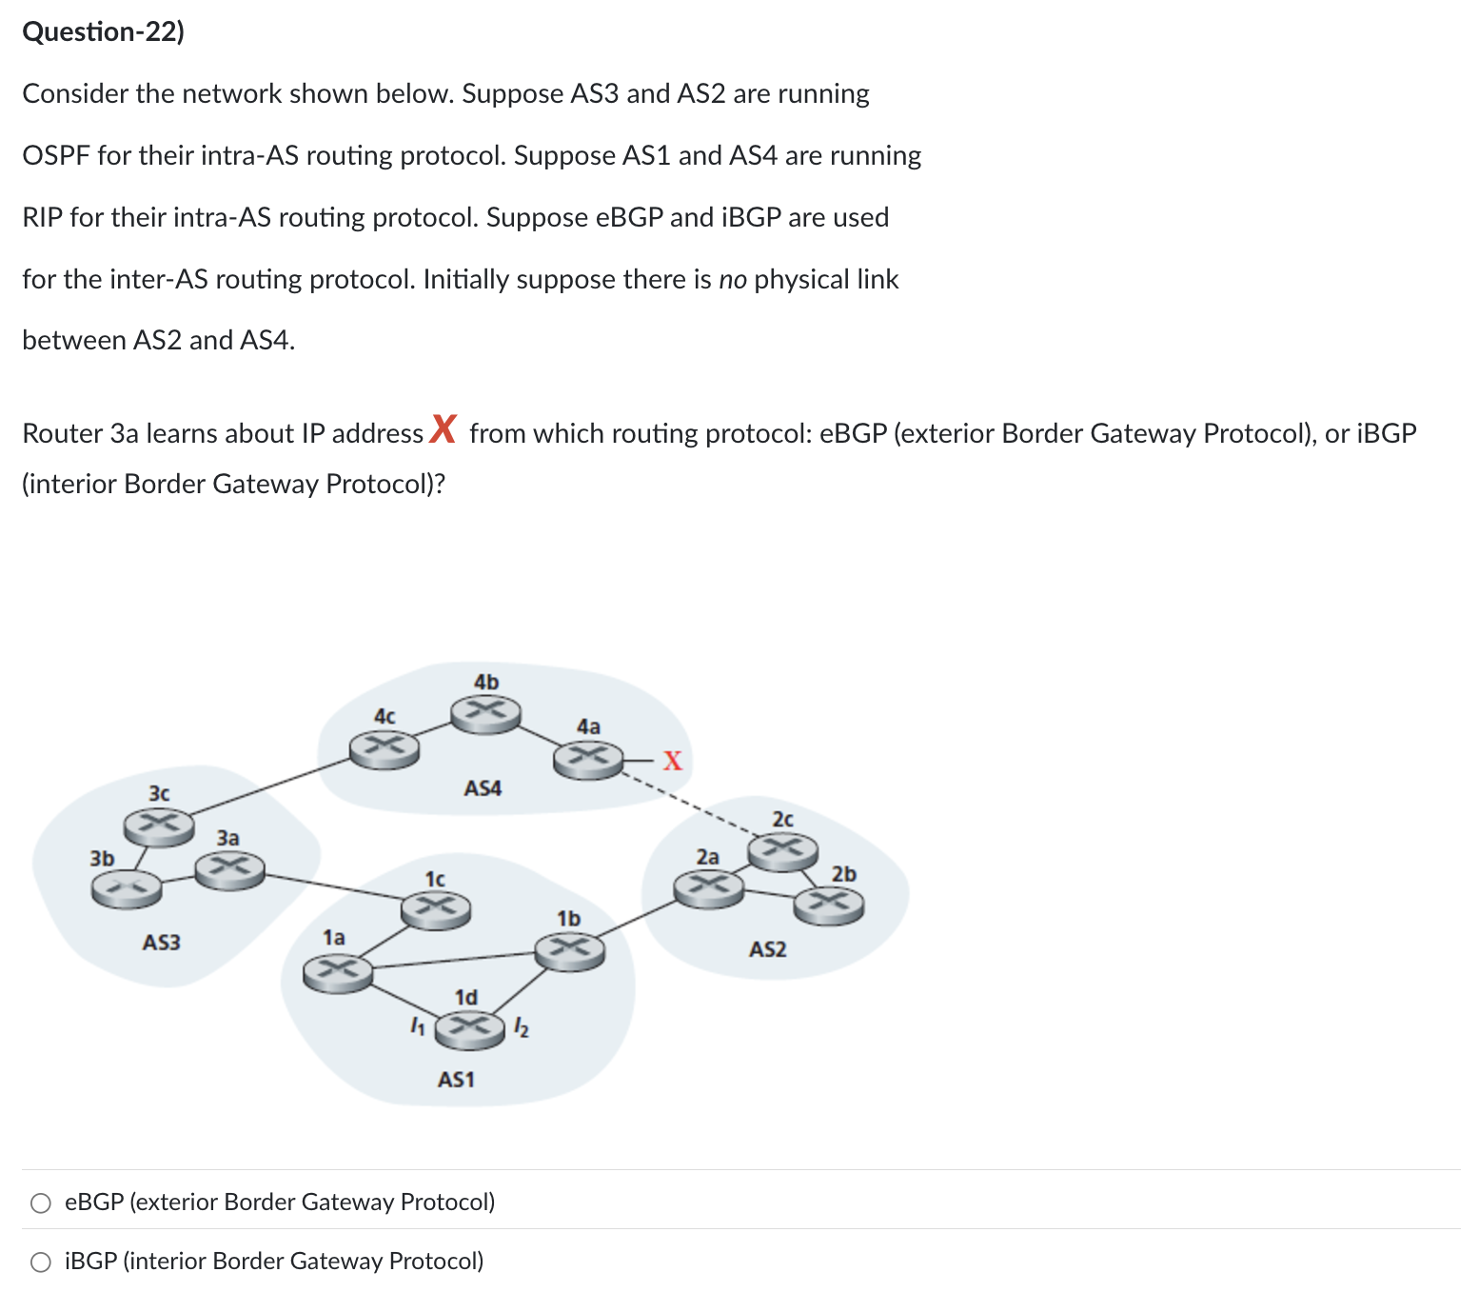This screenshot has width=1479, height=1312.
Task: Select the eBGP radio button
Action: coord(41,1203)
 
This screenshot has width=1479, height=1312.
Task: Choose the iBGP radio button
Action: coord(41,1262)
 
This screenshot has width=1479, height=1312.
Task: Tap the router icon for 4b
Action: coord(485,713)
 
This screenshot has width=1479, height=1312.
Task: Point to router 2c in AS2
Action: coord(782,850)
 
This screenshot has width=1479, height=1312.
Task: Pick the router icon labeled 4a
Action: coord(588,759)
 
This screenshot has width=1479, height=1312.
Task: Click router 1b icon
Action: coord(569,950)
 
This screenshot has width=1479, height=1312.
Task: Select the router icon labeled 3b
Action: coord(126,889)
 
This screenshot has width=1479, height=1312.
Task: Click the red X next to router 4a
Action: coord(673,761)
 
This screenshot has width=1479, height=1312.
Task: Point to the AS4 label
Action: coord(483,788)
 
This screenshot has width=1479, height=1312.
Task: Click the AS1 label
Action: coord(456,1080)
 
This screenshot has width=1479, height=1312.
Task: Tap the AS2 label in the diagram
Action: coord(767,949)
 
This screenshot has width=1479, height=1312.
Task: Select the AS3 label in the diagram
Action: coord(161,943)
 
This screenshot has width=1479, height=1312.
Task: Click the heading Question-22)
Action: coord(103,32)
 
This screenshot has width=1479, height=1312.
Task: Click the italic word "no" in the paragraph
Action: coord(732,280)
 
